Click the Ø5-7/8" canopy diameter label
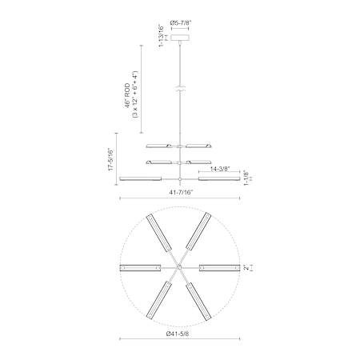[x=180, y=23]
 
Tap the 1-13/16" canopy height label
[x=161, y=36]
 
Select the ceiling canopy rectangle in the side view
[x=180, y=38]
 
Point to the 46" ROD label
[x=127, y=96]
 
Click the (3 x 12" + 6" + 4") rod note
[x=134, y=94]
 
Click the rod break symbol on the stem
[x=180, y=89]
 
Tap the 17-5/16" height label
[x=110, y=159]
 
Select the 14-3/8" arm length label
[x=220, y=169]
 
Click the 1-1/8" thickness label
[x=246, y=178]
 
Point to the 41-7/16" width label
[x=181, y=192]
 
